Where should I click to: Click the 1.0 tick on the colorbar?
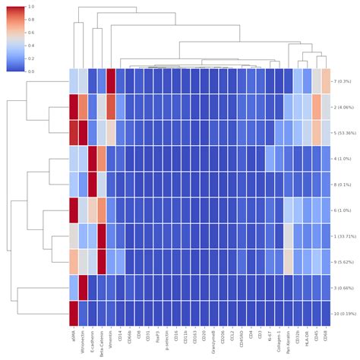tap(29, 7)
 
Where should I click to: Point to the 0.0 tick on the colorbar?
tap(29, 71)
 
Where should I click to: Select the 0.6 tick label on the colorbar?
tap(29, 33)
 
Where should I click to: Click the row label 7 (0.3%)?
tap(344, 81)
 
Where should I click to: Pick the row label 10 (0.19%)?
tap(346, 314)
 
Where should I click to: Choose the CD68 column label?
tap(326, 334)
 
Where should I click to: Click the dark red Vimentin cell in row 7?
tap(111, 81)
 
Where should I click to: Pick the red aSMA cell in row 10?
tap(74, 314)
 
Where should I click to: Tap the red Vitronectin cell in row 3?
tap(83, 288)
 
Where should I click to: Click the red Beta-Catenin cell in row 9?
tap(102, 262)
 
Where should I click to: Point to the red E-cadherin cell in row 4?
tap(93, 159)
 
